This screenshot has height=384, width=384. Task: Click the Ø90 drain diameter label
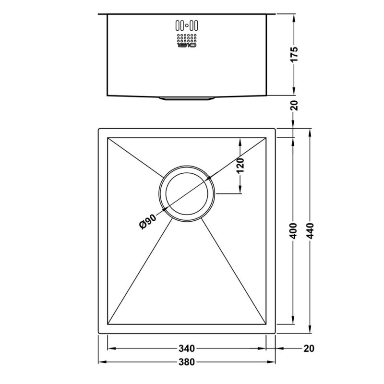coord(147,222)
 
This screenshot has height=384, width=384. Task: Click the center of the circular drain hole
coord(187,194)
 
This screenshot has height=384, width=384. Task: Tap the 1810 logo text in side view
coord(186,46)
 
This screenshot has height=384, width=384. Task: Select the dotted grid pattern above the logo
coord(186,38)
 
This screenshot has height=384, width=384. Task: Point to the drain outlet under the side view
coord(187,99)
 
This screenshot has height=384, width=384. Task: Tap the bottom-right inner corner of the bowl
coord(266,324)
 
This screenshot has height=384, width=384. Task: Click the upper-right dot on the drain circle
coord(210,178)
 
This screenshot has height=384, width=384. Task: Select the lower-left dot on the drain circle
coord(165,210)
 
